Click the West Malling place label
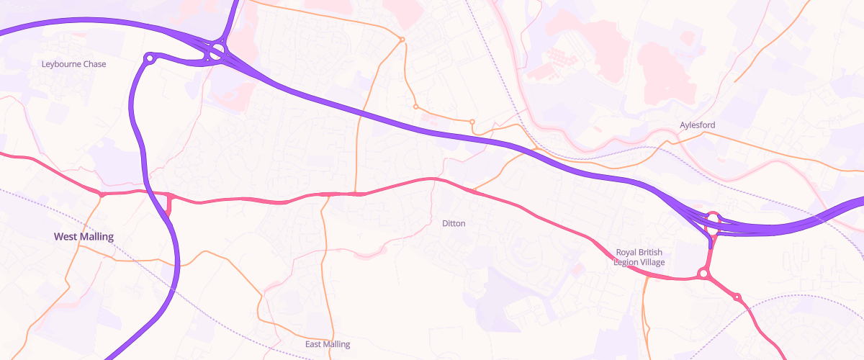point(84,236)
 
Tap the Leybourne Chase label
point(74,64)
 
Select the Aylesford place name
point(697,125)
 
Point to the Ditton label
point(454,223)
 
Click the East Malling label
point(327,344)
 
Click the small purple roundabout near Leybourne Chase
point(150,58)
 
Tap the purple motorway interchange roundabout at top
point(216,51)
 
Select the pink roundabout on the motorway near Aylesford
point(713,217)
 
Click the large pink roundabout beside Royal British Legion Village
point(703,274)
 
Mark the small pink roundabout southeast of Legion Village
point(737,297)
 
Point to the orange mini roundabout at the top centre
point(402,39)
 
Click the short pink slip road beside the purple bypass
point(169,205)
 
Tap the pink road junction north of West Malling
point(102,194)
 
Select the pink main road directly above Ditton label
point(432,179)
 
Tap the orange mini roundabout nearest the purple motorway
point(472,122)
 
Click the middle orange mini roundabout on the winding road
point(415,107)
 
